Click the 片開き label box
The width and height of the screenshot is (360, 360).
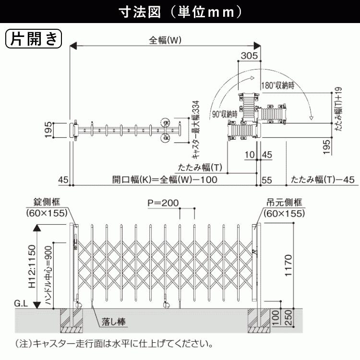tap(34, 38)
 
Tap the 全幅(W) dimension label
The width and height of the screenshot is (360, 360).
tap(165, 40)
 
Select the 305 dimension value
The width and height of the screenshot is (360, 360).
tap(249, 56)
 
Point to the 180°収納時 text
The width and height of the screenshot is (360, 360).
tap(278, 85)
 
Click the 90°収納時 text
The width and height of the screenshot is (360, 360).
tap(225, 114)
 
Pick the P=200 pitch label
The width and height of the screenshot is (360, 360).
tap(163, 203)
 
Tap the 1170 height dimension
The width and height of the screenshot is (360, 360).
tap(288, 265)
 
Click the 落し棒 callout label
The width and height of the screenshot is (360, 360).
tap(114, 322)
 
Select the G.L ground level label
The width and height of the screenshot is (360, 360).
tap(21, 303)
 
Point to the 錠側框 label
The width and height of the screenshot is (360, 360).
tap(47, 202)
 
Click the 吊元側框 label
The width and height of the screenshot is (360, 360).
tap(284, 203)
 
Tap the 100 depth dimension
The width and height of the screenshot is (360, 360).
tap(275, 318)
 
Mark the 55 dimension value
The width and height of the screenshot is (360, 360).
tap(267, 180)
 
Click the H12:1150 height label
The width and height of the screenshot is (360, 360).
tap(32, 266)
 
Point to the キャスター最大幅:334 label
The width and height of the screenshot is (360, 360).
tap(195, 130)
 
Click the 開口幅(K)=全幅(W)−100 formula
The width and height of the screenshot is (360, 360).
tap(165, 180)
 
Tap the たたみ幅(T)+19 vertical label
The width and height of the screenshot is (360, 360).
tap(338, 109)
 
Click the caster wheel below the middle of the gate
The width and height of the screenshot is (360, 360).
tap(166, 305)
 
